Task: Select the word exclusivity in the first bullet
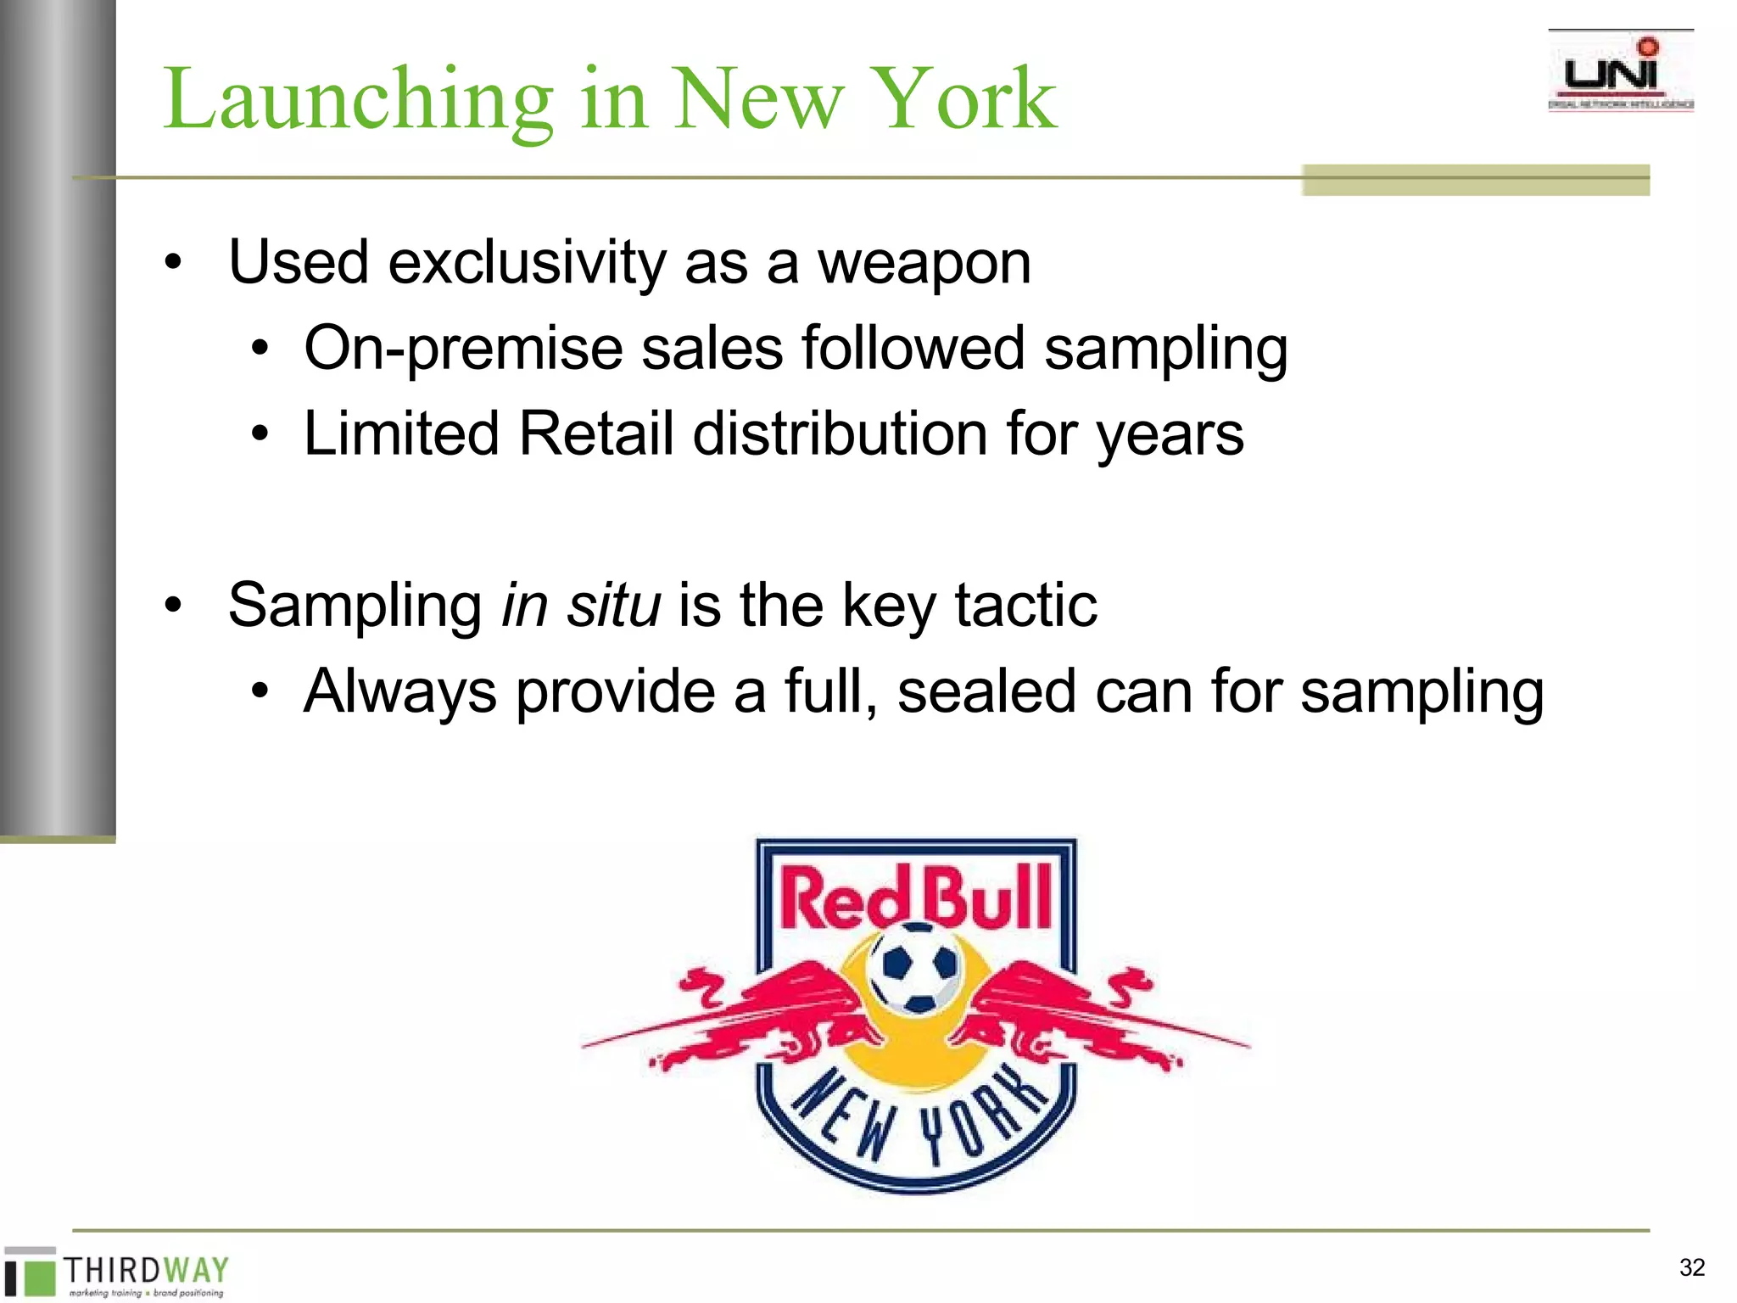point(527,263)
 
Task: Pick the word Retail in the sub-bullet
point(595,434)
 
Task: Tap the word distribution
point(840,434)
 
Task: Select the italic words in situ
point(581,606)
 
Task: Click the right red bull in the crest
point(1069,1014)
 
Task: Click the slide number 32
point(1691,1267)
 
